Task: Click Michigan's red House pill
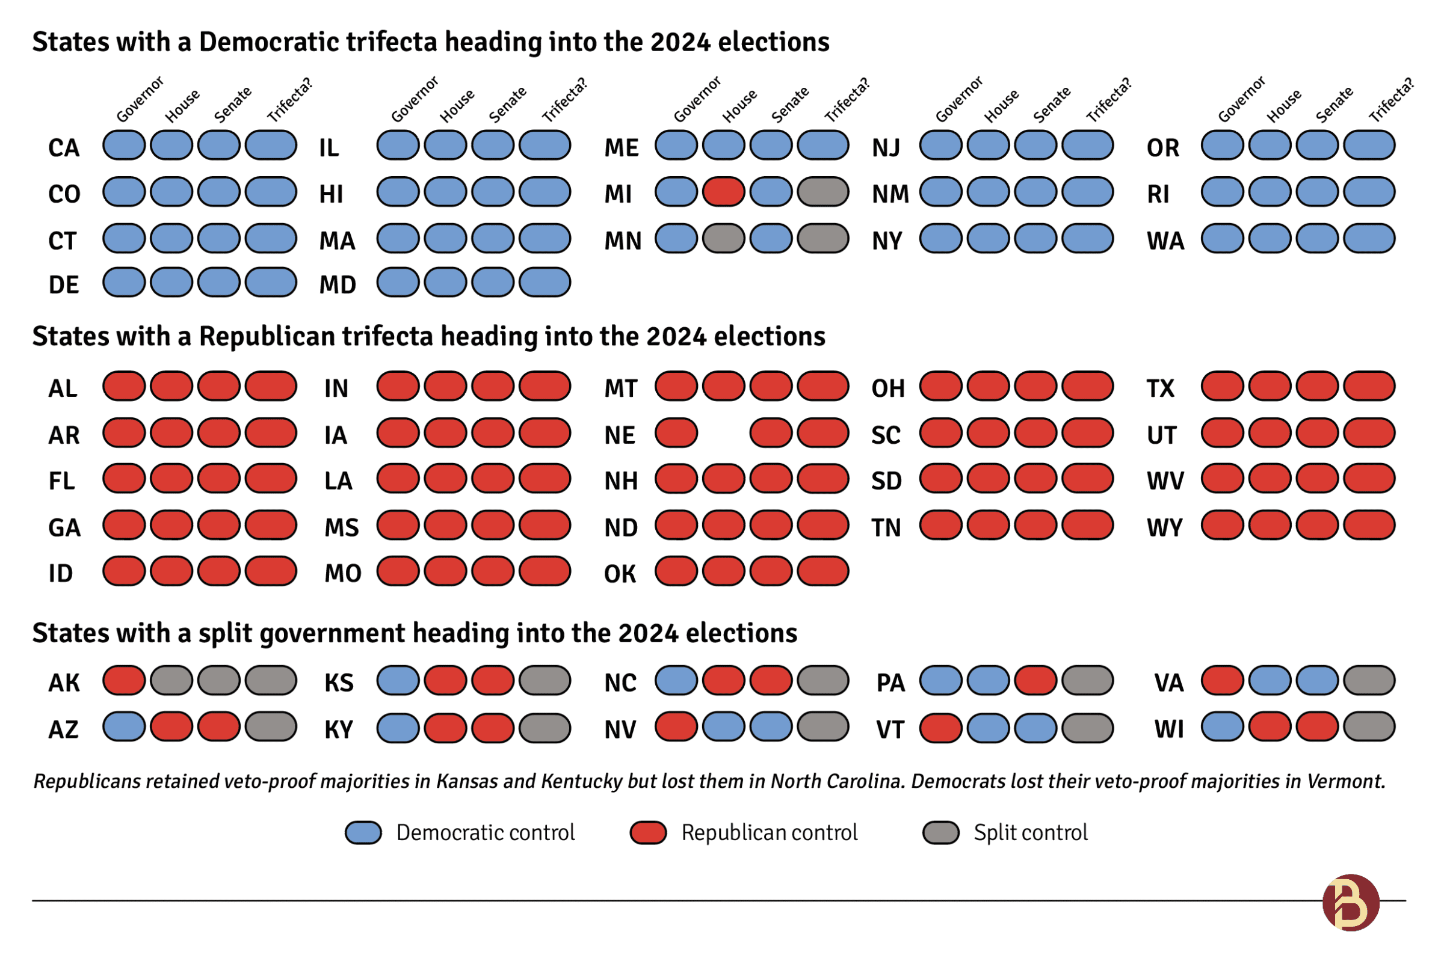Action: [724, 192]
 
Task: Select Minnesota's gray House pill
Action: [724, 239]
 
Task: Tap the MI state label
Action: [617, 194]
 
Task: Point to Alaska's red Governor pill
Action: [124, 681]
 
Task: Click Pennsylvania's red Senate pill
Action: [1035, 681]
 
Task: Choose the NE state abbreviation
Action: [619, 435]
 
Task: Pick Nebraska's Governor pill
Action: [676, 433]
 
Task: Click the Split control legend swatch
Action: [940, 832]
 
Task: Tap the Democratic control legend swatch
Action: [363, 832]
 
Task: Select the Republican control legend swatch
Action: [648, 832]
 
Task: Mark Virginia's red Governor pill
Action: [1223, 681]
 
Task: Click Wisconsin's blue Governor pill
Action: [1223, 727]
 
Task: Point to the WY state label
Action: [1165, 528]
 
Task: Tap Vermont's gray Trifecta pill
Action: [1087, 728]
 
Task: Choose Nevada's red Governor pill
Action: [676, 727]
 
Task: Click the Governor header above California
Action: [140, 99]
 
